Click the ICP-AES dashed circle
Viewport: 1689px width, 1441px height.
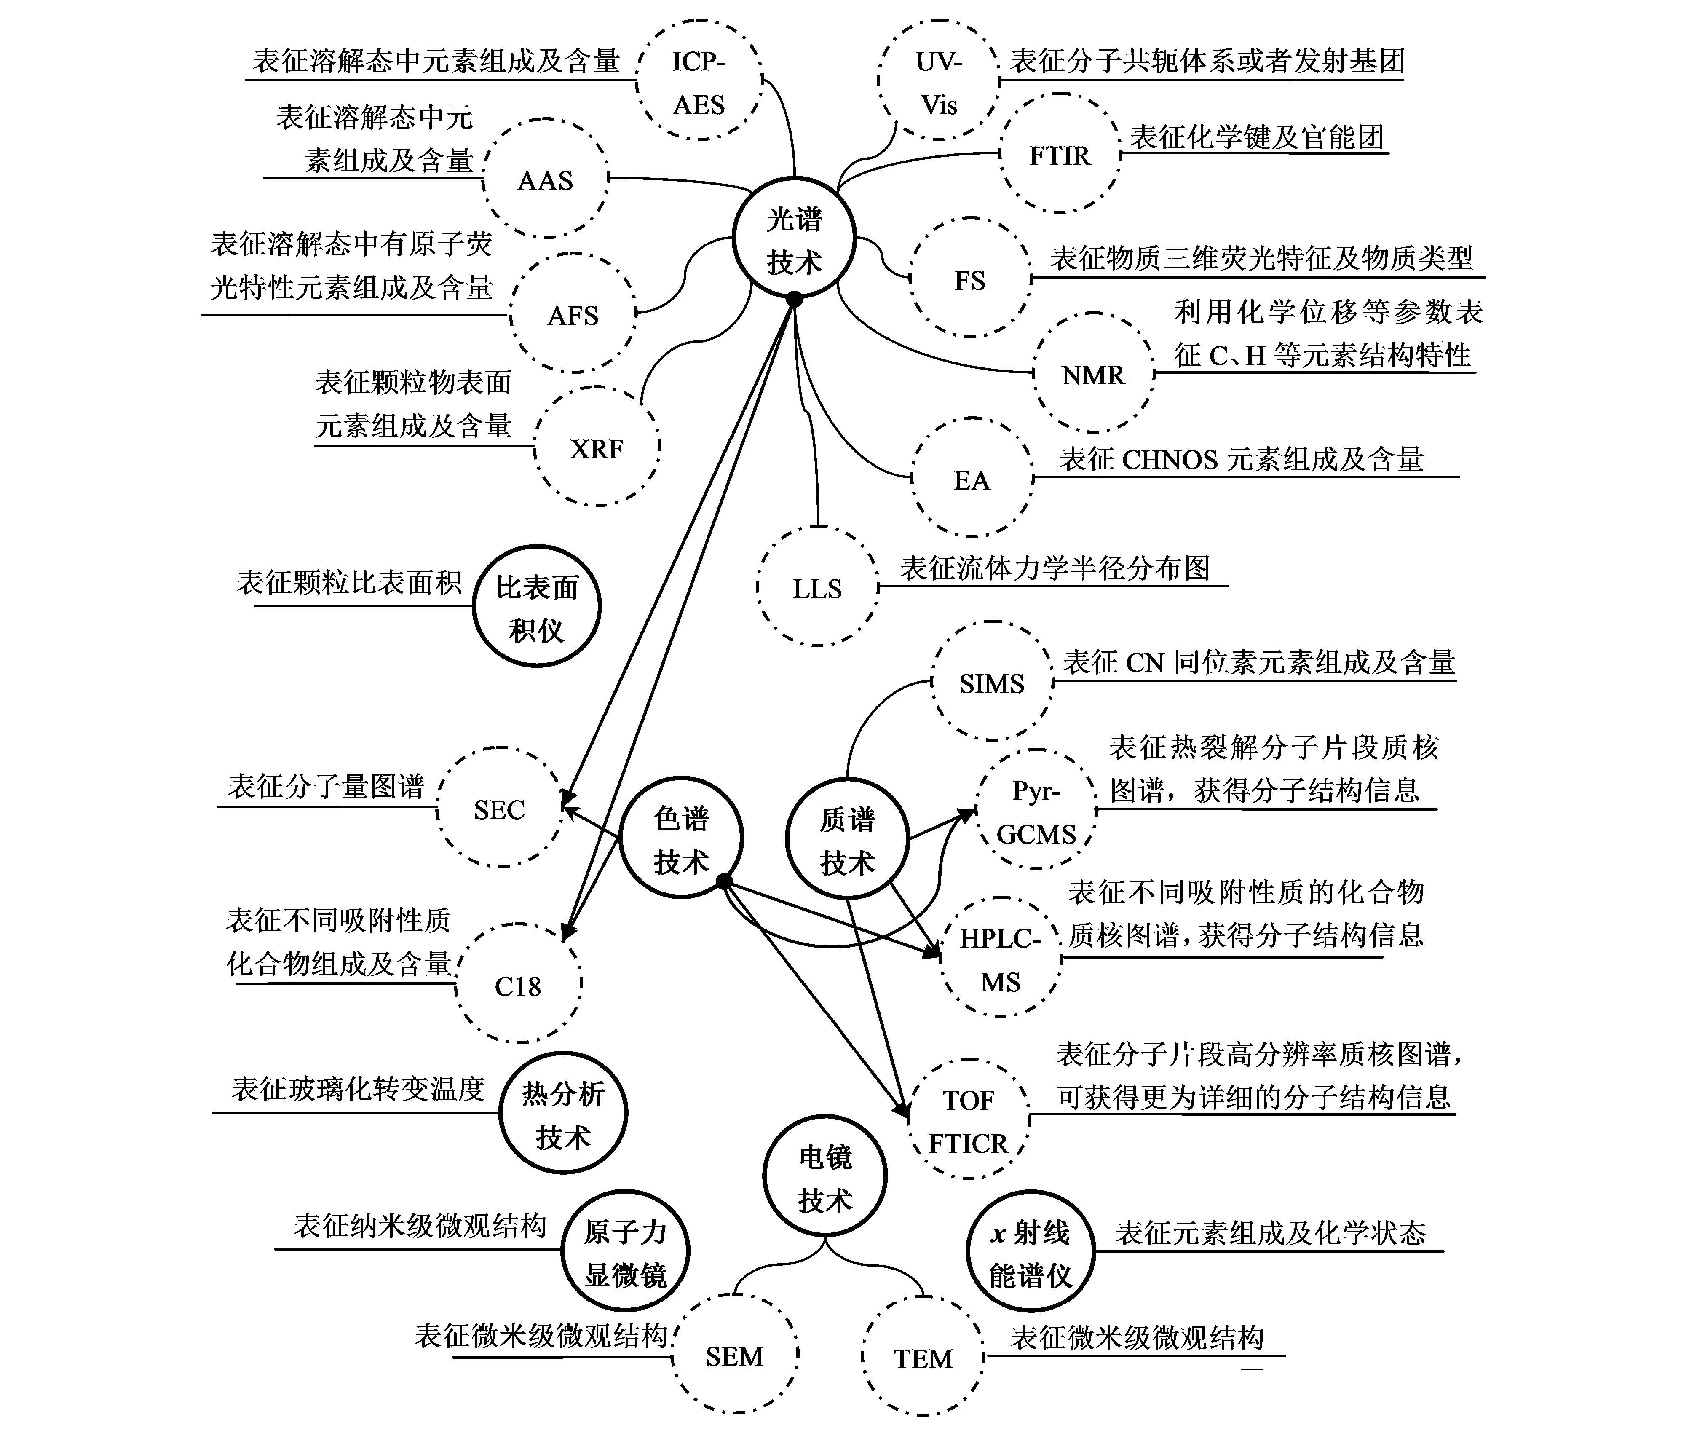tap(699, 81)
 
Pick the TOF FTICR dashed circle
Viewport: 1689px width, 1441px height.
tap(969, 1121)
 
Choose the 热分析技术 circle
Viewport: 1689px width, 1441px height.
tap(563, 1114)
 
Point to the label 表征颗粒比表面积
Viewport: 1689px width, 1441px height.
tap(349, 583)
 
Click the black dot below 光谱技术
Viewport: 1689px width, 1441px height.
tap(795, 300)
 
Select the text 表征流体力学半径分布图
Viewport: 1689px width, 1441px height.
tap(1055, 568)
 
